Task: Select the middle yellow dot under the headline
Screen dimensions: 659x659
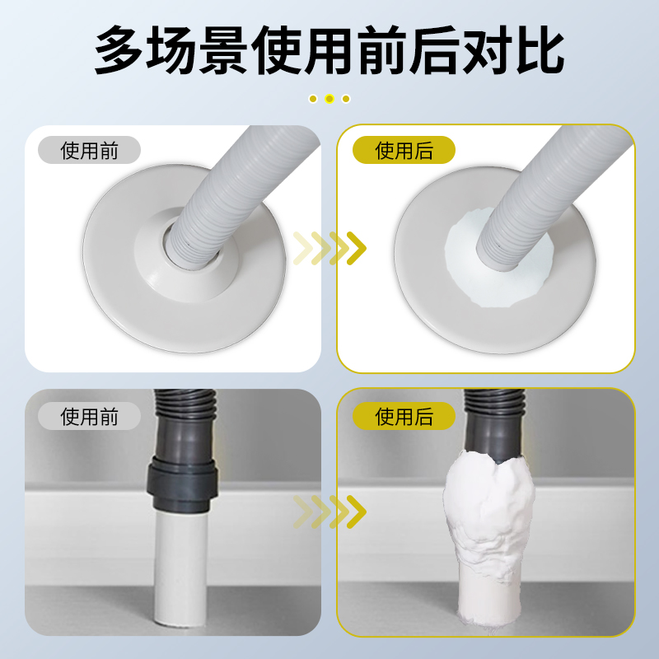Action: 329,99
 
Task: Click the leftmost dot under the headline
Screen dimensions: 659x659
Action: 313,99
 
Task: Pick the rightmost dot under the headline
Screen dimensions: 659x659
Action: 346,99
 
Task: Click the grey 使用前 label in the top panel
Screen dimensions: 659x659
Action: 89,151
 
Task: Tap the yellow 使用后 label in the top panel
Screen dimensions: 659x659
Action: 404,151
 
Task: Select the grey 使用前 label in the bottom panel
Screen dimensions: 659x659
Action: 89,416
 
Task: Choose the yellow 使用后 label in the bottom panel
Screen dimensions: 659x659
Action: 404,416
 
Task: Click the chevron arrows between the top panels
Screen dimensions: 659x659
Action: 329,246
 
